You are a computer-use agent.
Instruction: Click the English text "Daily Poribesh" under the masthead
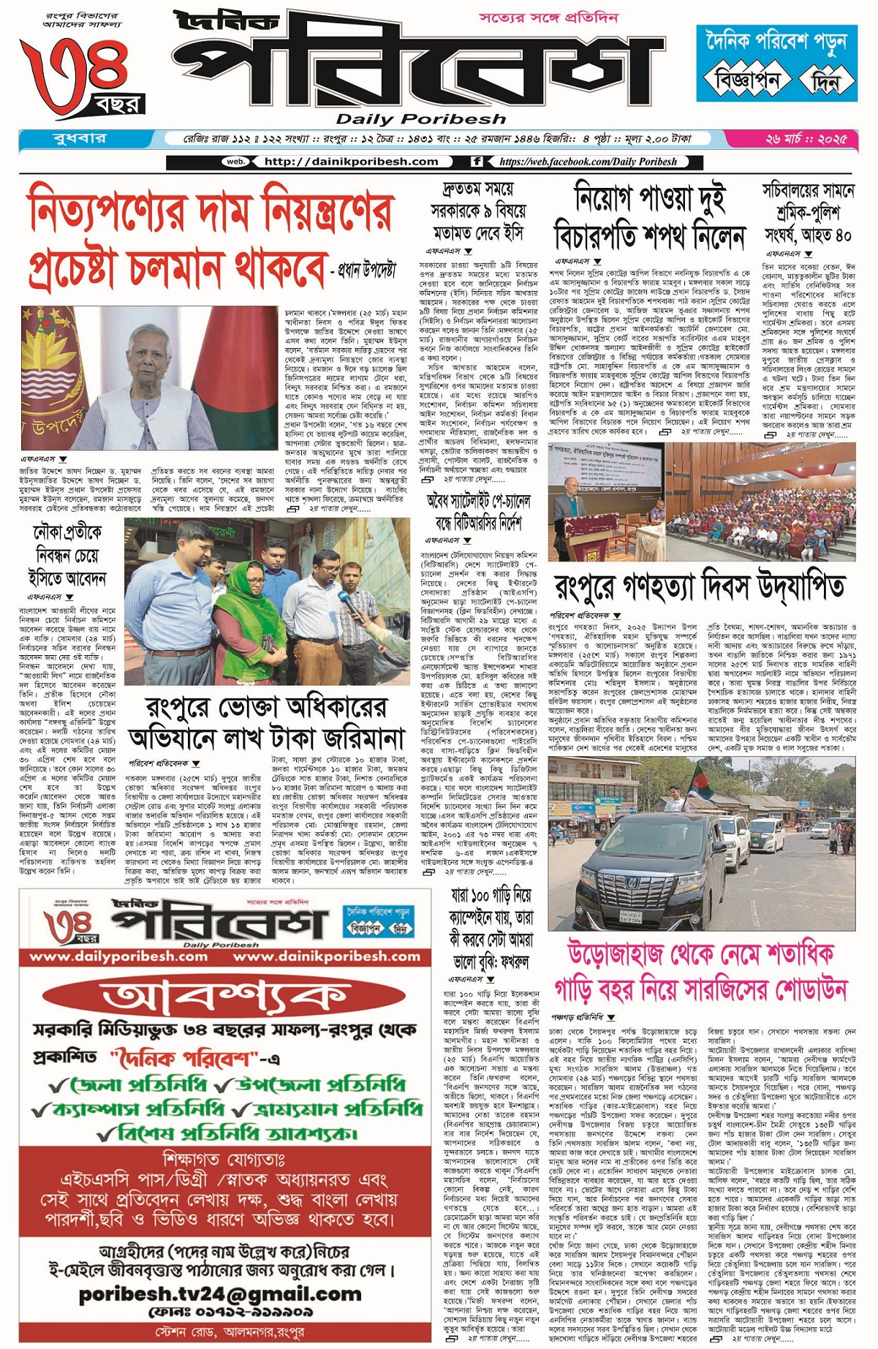420,119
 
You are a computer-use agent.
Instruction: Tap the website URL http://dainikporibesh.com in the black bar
351,162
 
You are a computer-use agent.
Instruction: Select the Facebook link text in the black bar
589,162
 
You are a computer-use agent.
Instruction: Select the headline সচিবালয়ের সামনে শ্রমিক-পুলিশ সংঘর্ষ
808,213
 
